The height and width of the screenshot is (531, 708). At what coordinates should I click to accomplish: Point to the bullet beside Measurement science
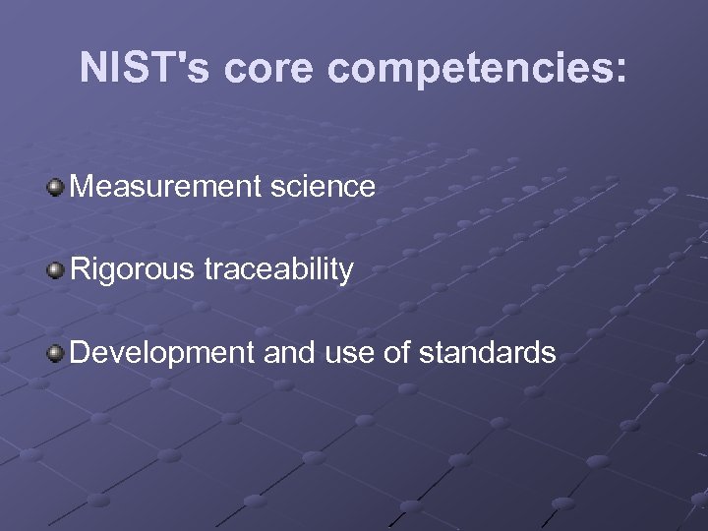tap(56, 186)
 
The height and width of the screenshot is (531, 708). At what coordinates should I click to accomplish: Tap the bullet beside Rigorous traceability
tap(56, 268)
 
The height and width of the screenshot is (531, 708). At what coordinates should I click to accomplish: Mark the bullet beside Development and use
tap(56, 352)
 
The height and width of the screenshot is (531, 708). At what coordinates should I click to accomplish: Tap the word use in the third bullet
tap(348, 352)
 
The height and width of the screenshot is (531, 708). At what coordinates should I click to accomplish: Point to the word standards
tap(488, 352)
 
